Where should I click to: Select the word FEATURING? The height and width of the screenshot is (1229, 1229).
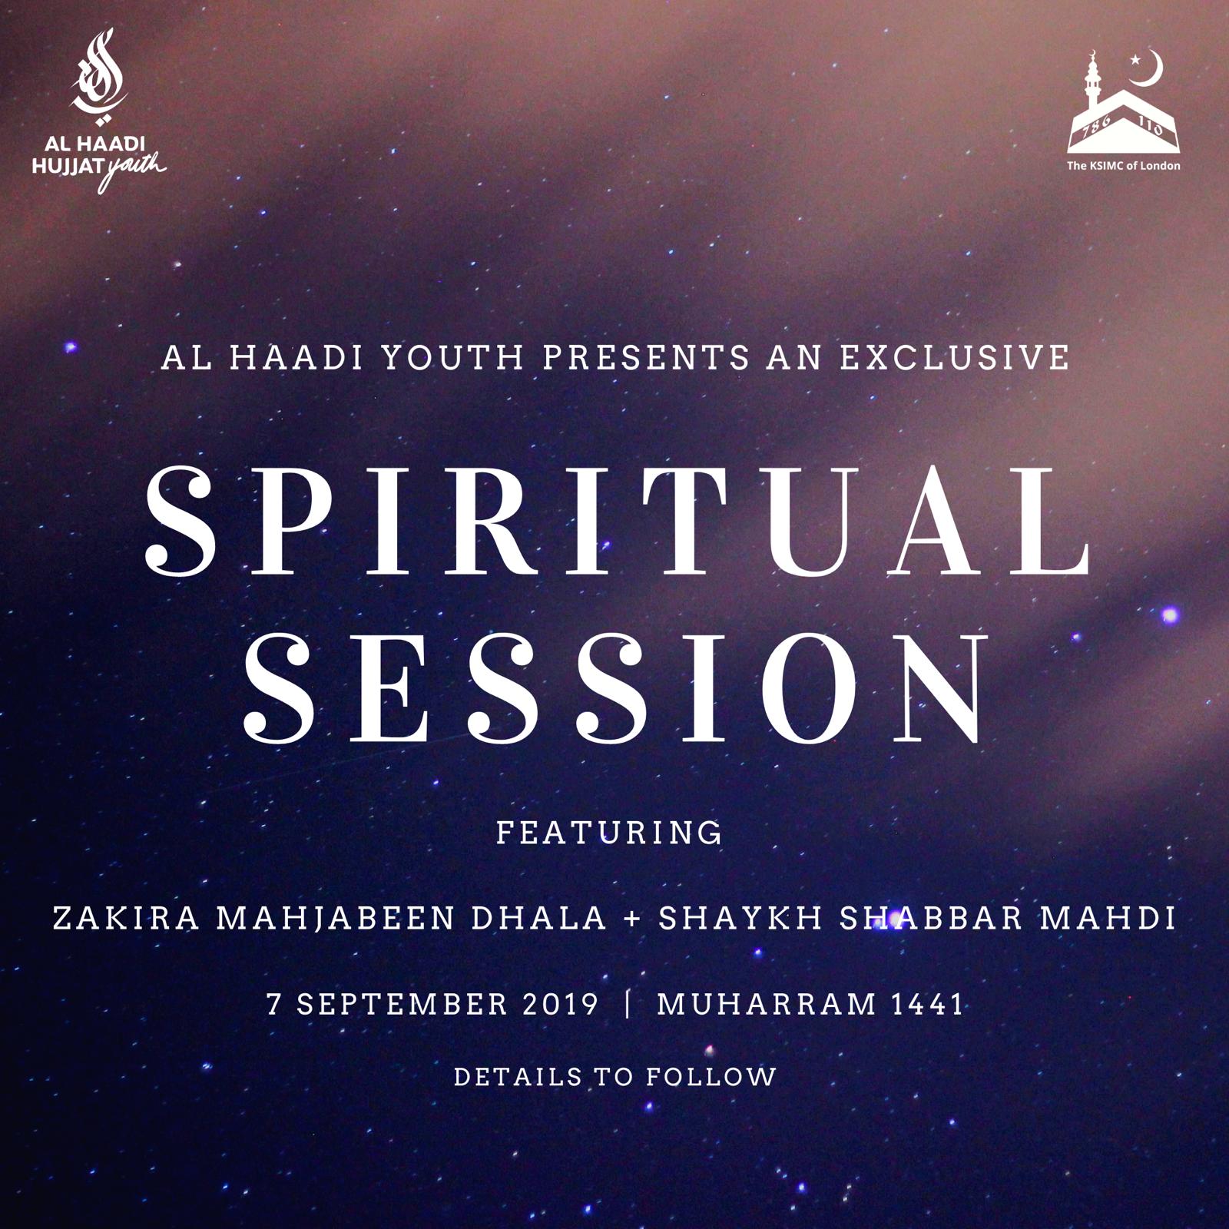click(609, 833)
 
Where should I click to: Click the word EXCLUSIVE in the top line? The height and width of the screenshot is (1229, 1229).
click(955, 357)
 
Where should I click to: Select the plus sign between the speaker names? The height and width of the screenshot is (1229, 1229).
click(634, 919)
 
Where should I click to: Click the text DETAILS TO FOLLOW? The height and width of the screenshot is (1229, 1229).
click(615, 1076)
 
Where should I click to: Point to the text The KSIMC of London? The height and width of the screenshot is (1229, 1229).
click(1123, 165)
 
